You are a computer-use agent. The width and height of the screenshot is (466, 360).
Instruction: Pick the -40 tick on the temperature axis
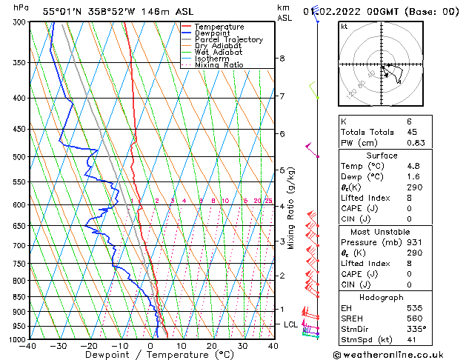pos(29,346)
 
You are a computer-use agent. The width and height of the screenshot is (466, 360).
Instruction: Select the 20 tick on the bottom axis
pos(212,346)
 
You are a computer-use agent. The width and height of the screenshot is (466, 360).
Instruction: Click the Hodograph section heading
pos(383,296)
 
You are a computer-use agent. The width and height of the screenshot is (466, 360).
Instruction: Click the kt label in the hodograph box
pos(344,27)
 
